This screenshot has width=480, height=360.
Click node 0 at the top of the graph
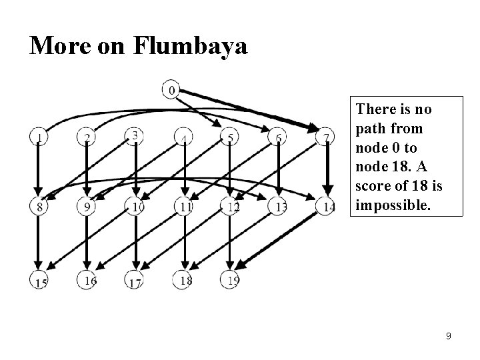point(171,89)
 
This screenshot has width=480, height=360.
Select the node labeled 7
point(326,137)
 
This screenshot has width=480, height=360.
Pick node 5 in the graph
point(230,137)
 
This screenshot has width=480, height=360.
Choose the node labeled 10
point(136,207)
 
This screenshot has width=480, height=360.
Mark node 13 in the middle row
point(280,207)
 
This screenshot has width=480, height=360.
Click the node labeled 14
point(327,207)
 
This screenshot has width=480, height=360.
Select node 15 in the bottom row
point(39,281)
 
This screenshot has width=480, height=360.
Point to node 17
point(135,281)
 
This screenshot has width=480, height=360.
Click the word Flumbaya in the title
point(191,47)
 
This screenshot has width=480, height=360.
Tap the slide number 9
point(449,336)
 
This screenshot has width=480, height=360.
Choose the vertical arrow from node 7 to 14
point(327,172)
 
